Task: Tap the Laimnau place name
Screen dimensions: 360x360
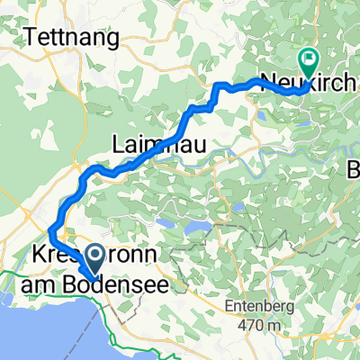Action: click(x=148, y=142)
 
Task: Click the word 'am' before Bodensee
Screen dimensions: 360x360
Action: click(x=36, y=283)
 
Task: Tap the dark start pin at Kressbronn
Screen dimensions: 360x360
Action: click(x=93, y=262)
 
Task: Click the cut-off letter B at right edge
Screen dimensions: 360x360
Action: click(x=354, y=169)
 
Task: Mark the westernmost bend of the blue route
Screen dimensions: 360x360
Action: click(x=50, y=239)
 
